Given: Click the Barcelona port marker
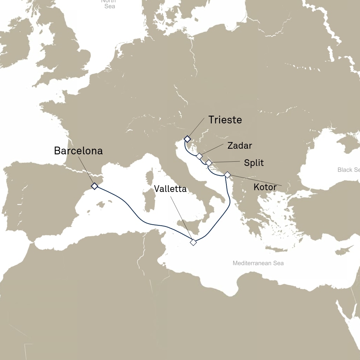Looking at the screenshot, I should [x=94, y=186].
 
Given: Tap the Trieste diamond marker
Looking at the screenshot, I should [x=187, y=139].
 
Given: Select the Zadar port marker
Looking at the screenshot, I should [x=199, y=156].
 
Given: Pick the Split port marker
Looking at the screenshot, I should [x=209, y=163].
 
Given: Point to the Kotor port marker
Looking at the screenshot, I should [x=227, y=175].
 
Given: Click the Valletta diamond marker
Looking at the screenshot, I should [x=193, y=242].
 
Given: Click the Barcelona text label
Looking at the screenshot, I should [x=78, y=151].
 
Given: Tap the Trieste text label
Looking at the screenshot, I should [x=225, y=120].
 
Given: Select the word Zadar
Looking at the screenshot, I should [x=240, y=145].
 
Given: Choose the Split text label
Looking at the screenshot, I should [x=254, y=163].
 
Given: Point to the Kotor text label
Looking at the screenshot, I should [x=265, y=187].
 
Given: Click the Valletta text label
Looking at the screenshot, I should [x=170, y=189].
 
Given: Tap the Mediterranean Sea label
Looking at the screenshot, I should [x=258, y=263].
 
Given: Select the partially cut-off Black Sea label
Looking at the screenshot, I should [x=348, y=170].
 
